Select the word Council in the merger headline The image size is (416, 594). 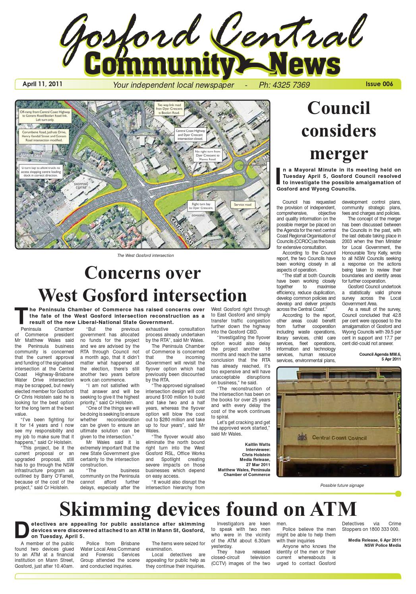pos(339,108)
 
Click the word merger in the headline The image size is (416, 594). pos(339,154)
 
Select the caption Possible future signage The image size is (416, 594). pos(342,485)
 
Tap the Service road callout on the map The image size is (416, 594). pos(243,204)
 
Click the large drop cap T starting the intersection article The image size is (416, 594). pos(22,316)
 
